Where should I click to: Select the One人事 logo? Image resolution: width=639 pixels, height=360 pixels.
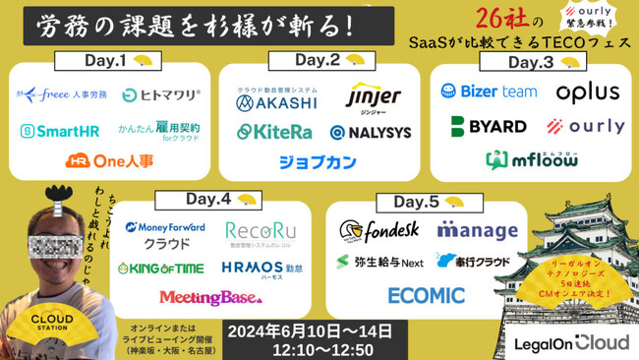coord(110,160)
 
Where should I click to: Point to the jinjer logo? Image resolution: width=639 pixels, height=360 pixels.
coord(374,96)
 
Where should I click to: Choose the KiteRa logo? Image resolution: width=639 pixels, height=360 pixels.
coord(274,131)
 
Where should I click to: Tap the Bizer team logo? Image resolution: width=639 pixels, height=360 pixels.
coord(489,91)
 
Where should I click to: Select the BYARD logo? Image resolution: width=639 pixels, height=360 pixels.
coord(488,126)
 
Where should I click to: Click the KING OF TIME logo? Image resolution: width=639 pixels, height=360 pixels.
coord(162,268)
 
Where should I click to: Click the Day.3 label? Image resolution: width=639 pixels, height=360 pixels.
coord(533,63)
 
